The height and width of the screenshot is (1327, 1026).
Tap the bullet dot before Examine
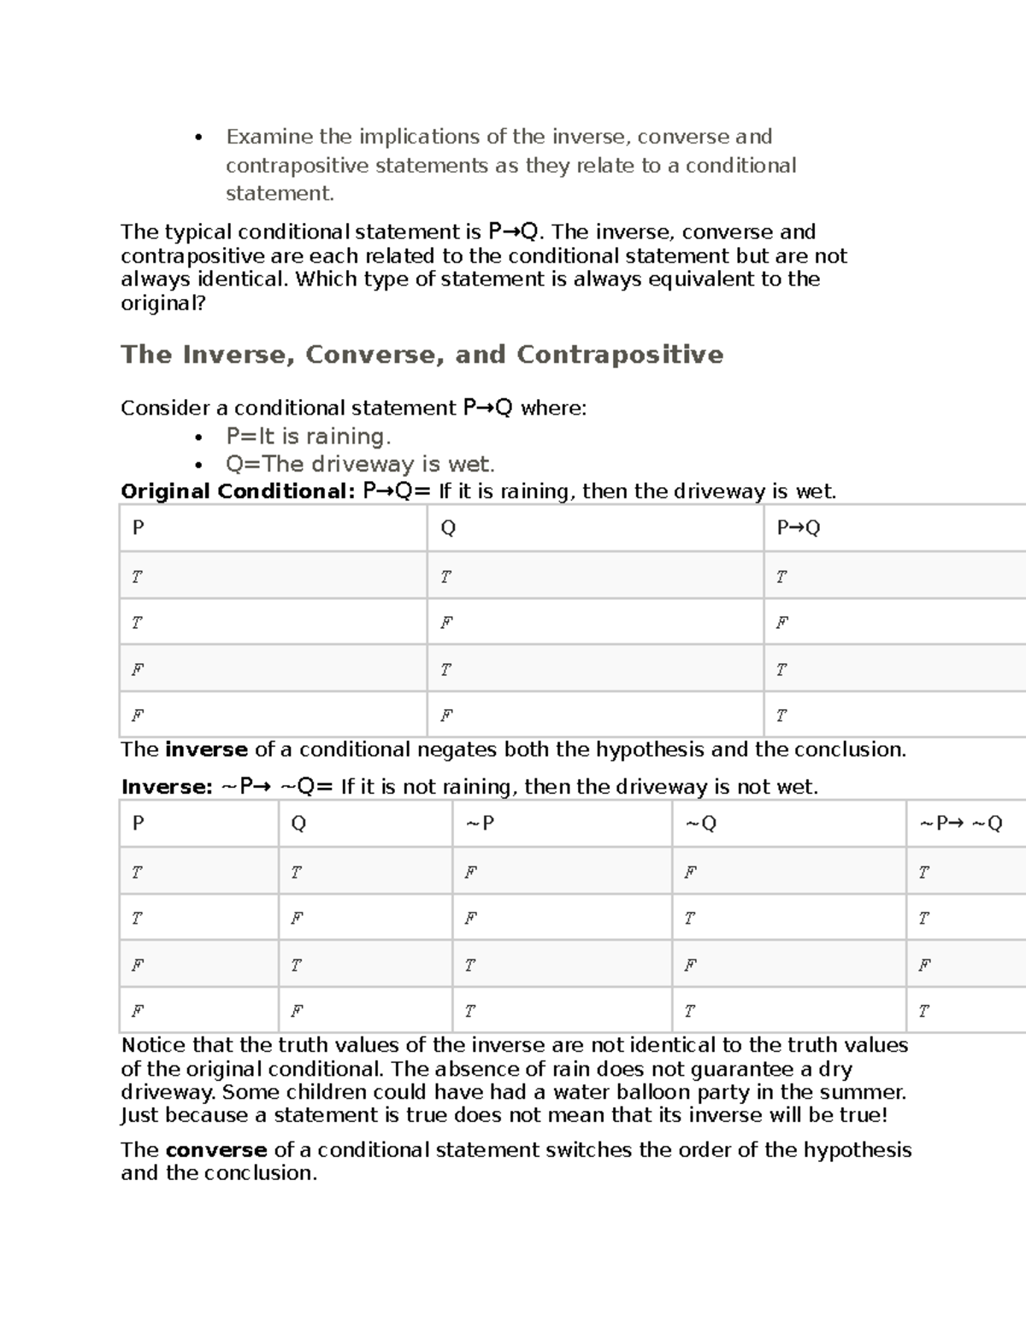tap(198, 138)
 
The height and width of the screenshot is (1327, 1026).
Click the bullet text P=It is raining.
tap(308, 437)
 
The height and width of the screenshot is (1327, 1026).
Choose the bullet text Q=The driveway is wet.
tap(360, 465)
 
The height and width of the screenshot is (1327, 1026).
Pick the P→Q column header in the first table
tap(798, 528)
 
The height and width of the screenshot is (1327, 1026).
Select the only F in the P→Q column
tap(781, 623)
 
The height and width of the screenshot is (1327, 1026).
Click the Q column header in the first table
tap(448, 528)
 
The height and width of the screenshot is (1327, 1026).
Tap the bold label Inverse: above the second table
tap(167, 787)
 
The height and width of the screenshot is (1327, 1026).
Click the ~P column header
tap(480, 824)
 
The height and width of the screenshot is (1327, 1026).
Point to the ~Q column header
tap(700, 824)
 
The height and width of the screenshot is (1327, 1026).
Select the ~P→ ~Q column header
tap(960, 824)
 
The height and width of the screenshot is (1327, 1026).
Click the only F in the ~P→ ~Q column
tap(924, 965)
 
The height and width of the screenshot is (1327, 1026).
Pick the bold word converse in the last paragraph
tap(216, 1150)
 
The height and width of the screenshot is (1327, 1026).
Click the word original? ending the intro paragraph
tap(163, 303)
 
